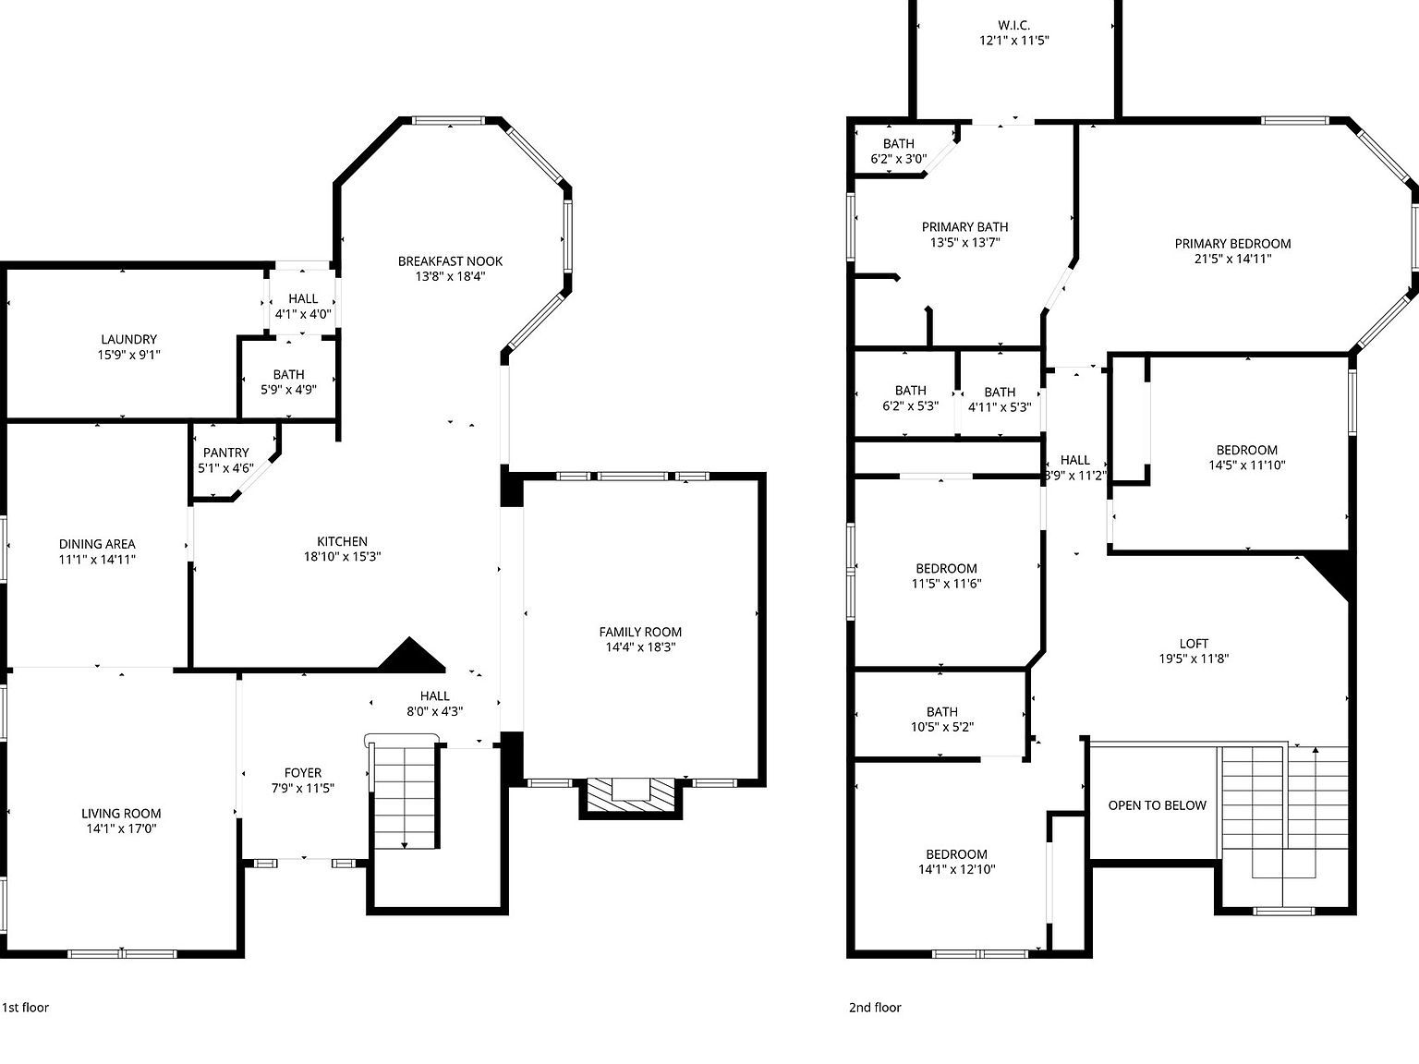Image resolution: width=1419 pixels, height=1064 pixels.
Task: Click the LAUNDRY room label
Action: click(x=128, y=339)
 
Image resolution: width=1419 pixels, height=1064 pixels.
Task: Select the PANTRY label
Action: click(x=225, y=453)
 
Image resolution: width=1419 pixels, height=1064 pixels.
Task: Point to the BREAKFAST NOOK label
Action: click(x=450, y=261)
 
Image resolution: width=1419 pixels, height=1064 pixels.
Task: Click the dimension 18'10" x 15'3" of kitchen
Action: click(x=342, y=557)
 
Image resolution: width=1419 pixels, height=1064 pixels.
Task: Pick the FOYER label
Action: click(x=302, y=773)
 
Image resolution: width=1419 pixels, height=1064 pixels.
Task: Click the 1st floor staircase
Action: click(x=405, y=794)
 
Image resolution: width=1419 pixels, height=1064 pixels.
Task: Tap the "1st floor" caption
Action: click(x=25, y=1008)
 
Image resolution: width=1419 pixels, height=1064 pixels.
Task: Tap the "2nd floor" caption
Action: click(x=874, y=1008)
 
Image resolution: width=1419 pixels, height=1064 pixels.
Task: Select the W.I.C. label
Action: click(x=1013, y=26)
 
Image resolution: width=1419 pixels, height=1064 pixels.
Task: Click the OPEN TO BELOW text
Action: click(x=1157, y=805)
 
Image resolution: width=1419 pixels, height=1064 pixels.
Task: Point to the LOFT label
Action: click(x=1194, y=644)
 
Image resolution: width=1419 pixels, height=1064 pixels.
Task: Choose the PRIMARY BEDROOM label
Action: click(x=1232, y=244)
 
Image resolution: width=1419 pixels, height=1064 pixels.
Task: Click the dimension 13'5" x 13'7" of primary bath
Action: click(x=964, y=243)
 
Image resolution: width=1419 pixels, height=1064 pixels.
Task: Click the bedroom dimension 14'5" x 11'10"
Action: click(x=1246, y=465)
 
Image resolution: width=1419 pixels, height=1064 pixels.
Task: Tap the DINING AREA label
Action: click(x=97, y=544)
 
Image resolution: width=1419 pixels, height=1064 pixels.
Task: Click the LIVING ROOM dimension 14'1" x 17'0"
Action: click(x=121, y=829)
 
